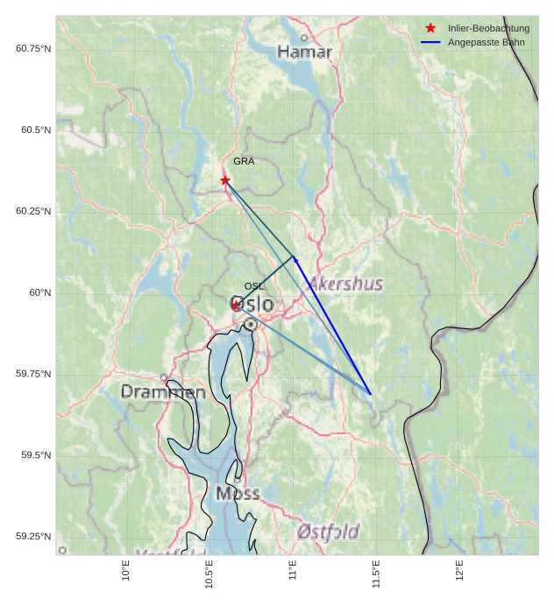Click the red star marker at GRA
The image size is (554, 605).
(225, 179)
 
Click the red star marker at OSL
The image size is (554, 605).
(236, 305)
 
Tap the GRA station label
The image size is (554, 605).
(244, 161)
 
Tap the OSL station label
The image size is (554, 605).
(253, 286)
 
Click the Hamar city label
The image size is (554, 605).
(305, 53)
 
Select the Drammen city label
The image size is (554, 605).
(163, 392)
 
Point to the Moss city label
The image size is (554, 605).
(238, 494)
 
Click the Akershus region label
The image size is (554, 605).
(345, 284)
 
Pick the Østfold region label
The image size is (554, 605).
(328, 531)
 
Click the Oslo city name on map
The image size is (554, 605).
(252, 305)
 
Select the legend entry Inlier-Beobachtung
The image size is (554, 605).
(488, 28)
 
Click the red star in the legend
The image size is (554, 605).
(430, 28)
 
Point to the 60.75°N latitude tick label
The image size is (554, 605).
(33, 48)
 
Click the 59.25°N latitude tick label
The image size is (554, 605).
(33, 537)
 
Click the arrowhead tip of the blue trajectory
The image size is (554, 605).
(294, 256)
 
